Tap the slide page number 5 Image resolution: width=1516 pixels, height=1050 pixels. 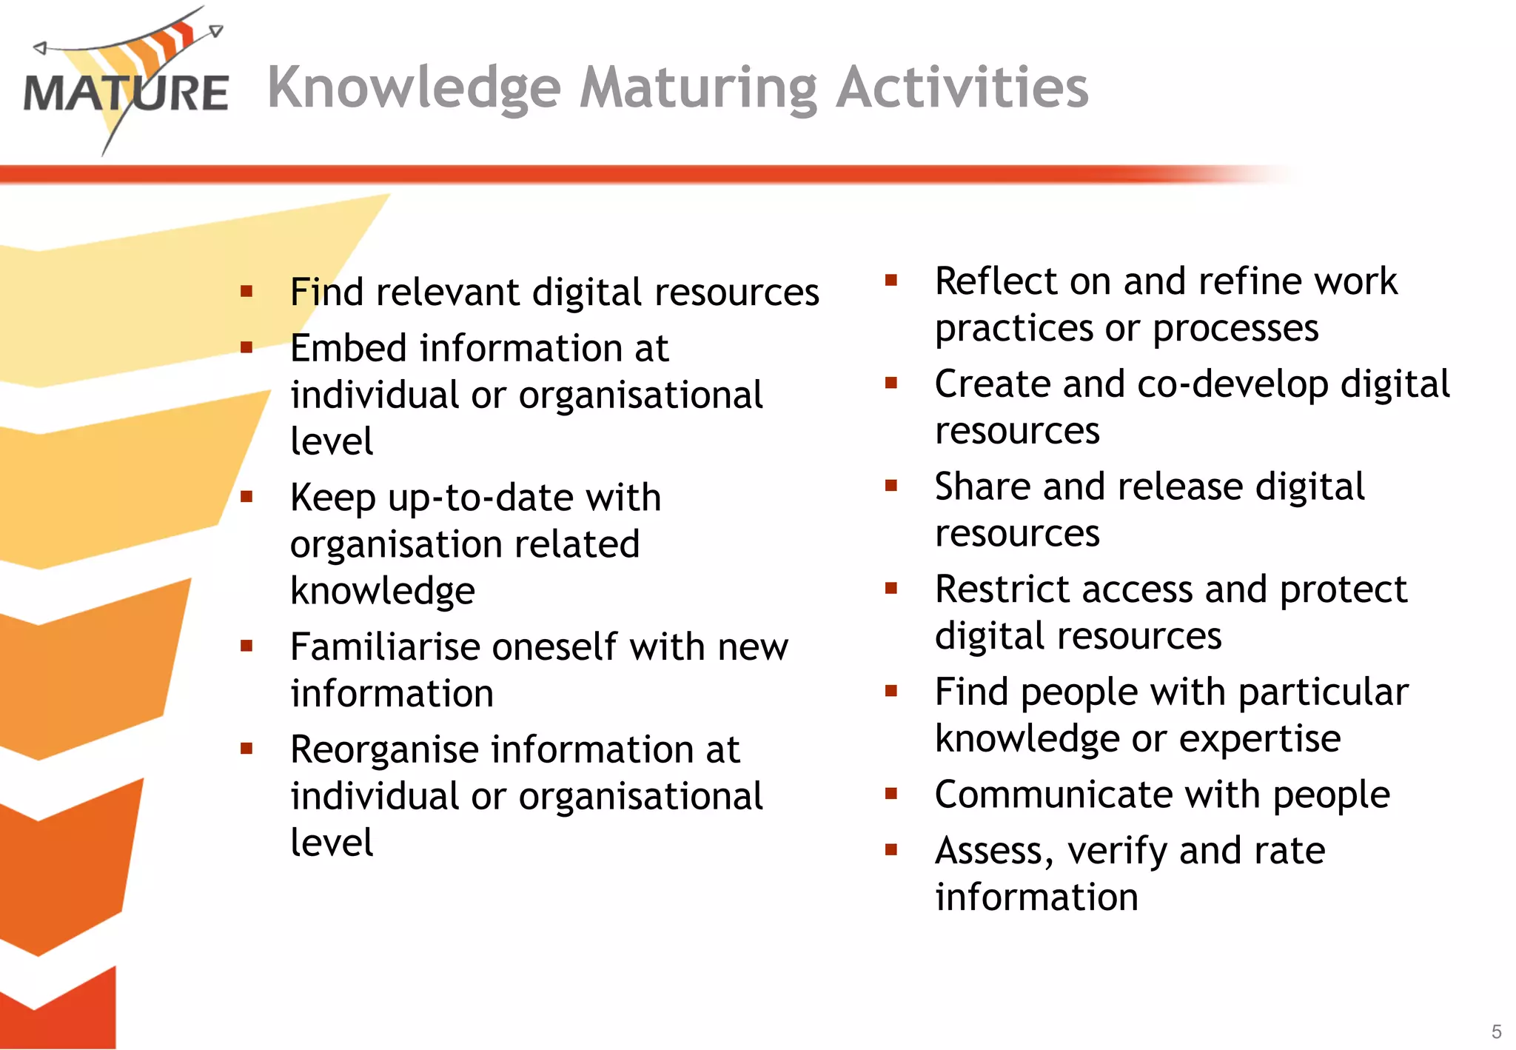pos(1496,1031)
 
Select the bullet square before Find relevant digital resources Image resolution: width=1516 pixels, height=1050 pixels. pos(246,291)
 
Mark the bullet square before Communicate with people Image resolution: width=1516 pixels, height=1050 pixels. pos(891,794)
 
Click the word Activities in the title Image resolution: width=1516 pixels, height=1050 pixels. pos(962,87)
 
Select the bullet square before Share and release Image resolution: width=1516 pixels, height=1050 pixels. pos(891,486)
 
